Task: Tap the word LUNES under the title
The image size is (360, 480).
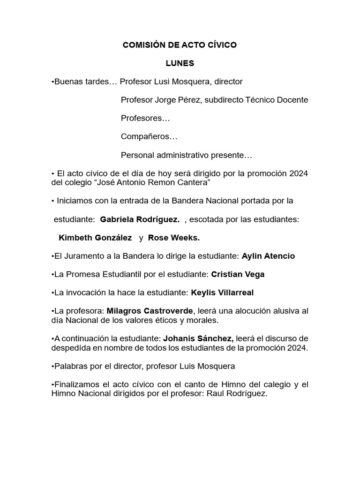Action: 180,63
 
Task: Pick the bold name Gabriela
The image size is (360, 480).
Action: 117,219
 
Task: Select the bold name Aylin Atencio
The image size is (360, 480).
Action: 268,256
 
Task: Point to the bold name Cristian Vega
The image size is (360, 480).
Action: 238,274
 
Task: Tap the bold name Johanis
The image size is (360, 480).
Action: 180,338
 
